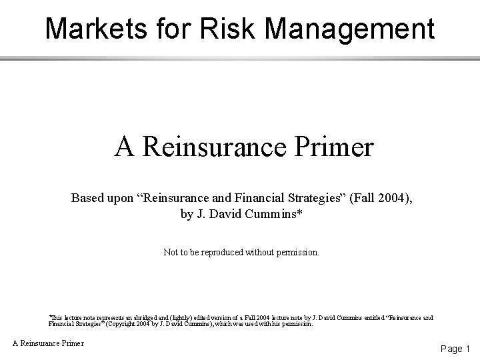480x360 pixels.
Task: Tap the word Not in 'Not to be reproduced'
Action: [x=171, y=253]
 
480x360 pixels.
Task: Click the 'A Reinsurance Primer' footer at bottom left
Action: [x=49, y=343]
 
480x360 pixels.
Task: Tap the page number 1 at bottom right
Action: [x=468, y=348]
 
